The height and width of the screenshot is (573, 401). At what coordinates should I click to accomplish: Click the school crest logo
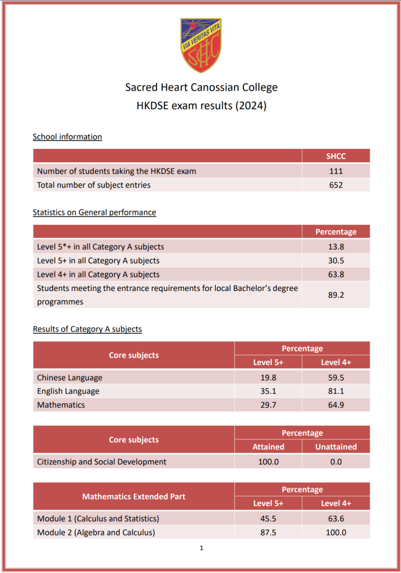200,45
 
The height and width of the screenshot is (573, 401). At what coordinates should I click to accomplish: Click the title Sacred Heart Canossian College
201,87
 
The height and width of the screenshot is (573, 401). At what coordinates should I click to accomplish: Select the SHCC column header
336,156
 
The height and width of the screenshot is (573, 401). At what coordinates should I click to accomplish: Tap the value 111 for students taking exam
336,171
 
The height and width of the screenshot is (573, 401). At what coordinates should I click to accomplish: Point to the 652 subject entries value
336,185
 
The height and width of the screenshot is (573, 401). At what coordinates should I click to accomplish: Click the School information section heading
67,137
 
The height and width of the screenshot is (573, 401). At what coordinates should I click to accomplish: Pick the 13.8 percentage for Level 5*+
336,246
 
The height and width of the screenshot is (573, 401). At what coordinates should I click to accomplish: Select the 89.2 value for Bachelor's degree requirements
336,295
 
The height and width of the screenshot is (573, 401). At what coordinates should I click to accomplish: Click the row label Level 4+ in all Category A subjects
98,274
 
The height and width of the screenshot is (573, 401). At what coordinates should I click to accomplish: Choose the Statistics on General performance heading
94,212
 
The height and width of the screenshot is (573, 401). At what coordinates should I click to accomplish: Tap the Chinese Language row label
70,377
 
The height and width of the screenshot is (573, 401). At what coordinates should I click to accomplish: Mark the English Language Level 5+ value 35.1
268,391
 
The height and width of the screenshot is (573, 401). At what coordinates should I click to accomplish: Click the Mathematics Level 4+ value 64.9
336,405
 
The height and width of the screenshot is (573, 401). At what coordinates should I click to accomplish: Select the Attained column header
268,447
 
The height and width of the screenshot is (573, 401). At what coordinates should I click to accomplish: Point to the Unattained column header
336,447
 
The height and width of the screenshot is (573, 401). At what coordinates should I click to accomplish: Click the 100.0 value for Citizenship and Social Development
268,462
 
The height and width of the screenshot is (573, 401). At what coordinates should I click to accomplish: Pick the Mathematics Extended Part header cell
134,496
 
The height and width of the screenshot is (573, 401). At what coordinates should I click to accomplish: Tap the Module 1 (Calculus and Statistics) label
98,518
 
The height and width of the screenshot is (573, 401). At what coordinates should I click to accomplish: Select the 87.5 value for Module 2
268,532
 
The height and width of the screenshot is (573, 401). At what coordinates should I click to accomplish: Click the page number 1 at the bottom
201,548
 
